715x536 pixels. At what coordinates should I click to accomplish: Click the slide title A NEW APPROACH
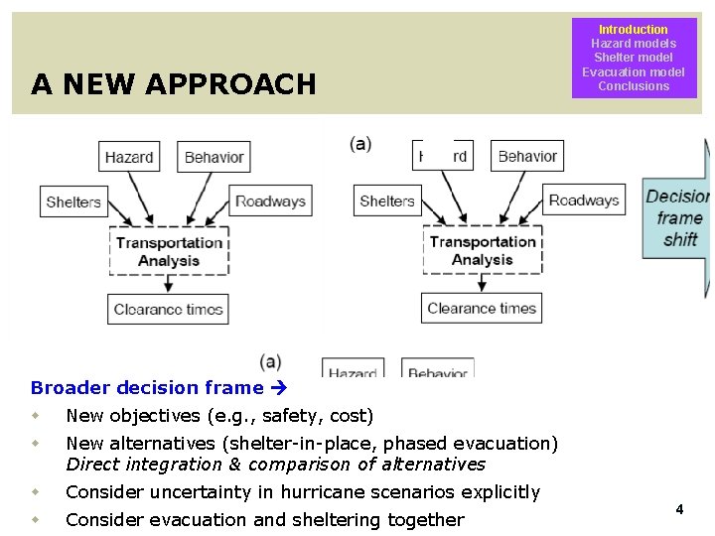[173, 84]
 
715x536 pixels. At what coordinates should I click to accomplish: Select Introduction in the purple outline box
[633, 30]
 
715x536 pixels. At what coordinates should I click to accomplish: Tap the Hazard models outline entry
[633, 44]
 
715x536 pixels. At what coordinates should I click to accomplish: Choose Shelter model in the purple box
[633, 58]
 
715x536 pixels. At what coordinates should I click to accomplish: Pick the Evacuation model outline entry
[633, 71]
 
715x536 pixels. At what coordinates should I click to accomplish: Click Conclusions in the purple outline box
[633, 86]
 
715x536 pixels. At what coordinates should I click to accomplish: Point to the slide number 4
[679, 509]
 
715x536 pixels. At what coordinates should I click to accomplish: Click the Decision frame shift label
[679, 217]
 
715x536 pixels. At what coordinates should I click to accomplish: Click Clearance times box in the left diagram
[168, 309]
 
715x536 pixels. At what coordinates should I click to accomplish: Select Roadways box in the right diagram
[584, 200]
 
